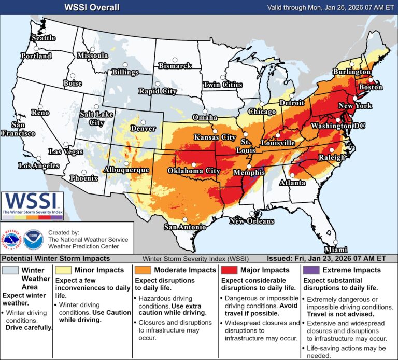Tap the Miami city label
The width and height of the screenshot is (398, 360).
click(x=335, y=250)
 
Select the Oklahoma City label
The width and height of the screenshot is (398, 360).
click(x=191, y=170)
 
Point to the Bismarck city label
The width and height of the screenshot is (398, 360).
click(x=175, y=66)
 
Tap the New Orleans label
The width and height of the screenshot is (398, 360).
click(x=252, y=221)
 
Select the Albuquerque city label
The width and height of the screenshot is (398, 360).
click(x=126, y=170)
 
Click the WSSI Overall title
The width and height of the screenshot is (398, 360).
click(x=91, y=7)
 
